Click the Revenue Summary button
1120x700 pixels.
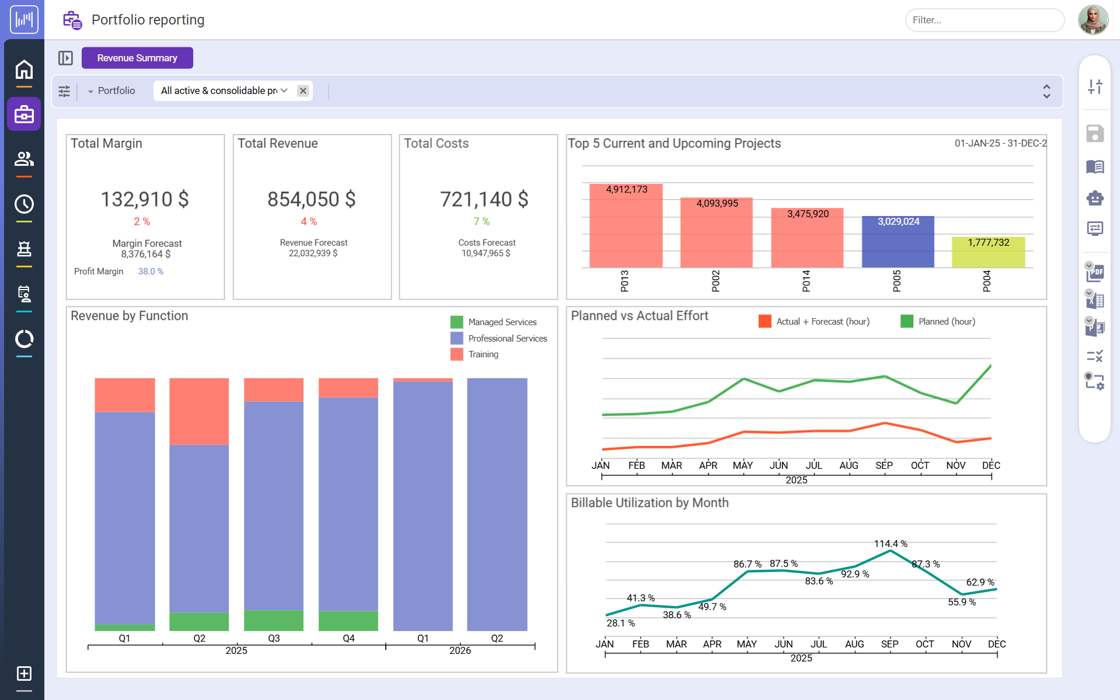coord(137,58)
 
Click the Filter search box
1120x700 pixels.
coord(984,20)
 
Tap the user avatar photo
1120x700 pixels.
coord(1093,20)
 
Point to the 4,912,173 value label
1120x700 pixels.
coord(626,189)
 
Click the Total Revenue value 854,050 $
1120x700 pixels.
coord(311,199)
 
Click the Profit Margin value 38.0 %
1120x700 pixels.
coord(151,271)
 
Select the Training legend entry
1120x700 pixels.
coord(483,354)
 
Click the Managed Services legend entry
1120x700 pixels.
coord(502,322)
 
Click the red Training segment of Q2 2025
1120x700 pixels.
coord(199,411)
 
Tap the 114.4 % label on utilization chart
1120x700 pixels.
coord(890,544)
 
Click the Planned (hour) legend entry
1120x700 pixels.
coord(946,322)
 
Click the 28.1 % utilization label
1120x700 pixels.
coord(620,624)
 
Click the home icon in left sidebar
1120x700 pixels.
coord(24,69)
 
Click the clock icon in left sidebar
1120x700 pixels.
coord(24,204)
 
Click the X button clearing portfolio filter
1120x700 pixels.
coord(303,90)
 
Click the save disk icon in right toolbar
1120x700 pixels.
coord(1095,134)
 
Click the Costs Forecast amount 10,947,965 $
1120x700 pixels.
coord(486,253)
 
